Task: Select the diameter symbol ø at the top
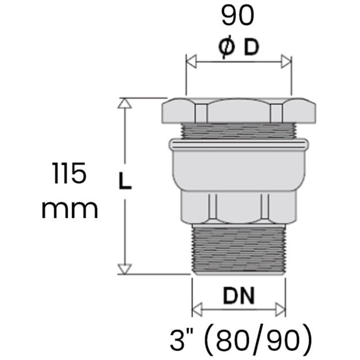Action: click(x=227, y=48)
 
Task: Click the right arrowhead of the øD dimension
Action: click(x=286, y=62)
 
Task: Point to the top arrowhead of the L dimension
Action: click(x=125, y=103)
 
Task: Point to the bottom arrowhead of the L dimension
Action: click(x=125, y=269)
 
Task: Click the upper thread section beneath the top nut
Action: click(x=238, y=130)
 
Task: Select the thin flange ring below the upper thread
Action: click(x=238, y=145)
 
